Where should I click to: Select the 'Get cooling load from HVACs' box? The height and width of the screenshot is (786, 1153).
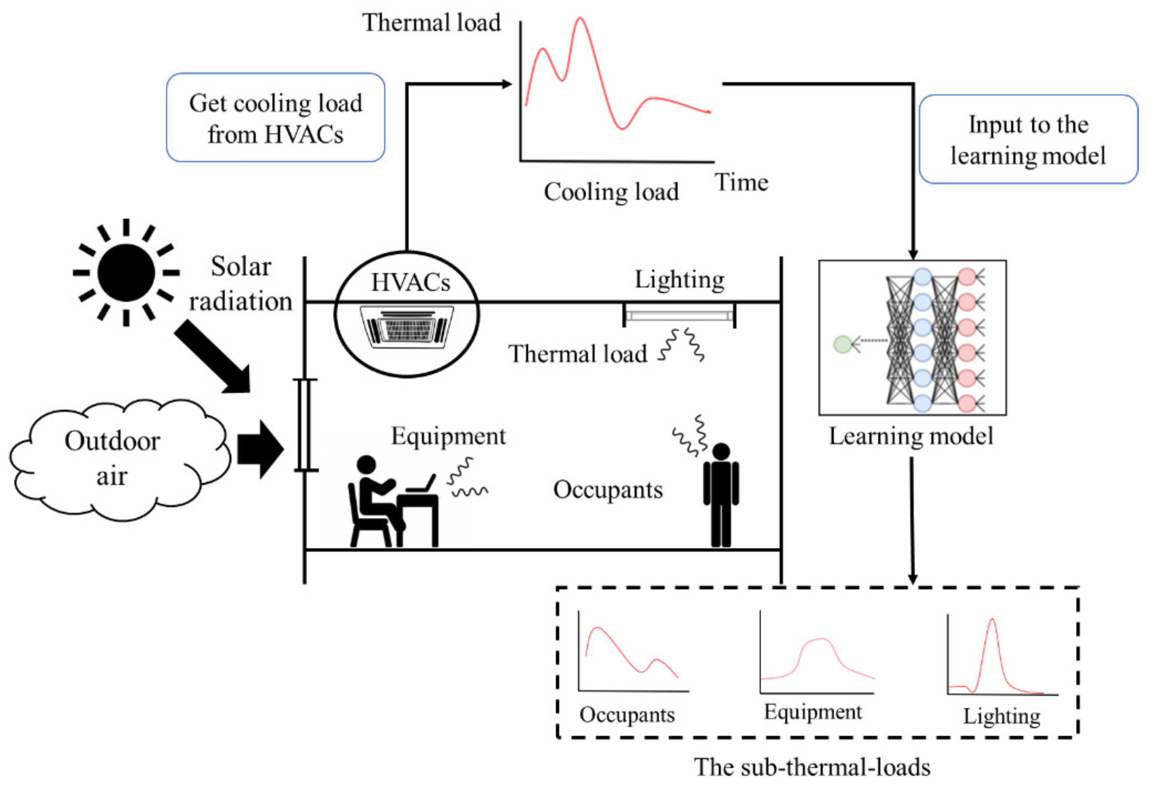[276, 118]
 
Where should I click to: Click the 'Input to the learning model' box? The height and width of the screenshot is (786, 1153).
[1028, 139]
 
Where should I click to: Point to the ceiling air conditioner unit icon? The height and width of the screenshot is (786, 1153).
[407, 326]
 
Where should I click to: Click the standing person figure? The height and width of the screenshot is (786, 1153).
[721, 495]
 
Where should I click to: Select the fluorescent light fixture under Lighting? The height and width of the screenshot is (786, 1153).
[679, 315]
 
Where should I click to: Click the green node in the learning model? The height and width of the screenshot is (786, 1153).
[843, 344]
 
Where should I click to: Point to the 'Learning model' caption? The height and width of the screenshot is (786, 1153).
[912, 436]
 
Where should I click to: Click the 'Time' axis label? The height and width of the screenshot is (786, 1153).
[741, 183]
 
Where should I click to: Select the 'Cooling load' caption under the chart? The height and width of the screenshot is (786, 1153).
[611, 192]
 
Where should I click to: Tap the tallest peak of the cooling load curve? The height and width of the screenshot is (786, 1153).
[580, 20]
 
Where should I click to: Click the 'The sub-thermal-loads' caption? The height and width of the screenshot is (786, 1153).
[811, 767]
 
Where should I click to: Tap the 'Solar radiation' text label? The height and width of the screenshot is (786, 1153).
[241, 284]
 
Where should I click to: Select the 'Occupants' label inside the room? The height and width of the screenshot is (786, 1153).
[608, 490]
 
